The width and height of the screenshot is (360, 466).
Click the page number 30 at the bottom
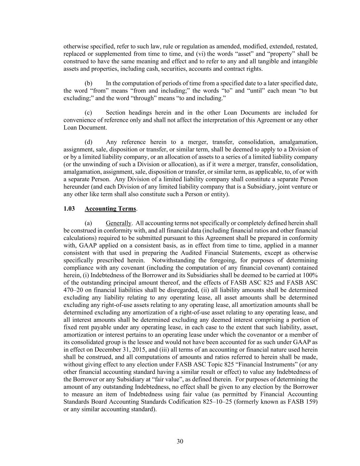coord(180,441)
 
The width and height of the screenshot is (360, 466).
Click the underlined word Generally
coord(118,223)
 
